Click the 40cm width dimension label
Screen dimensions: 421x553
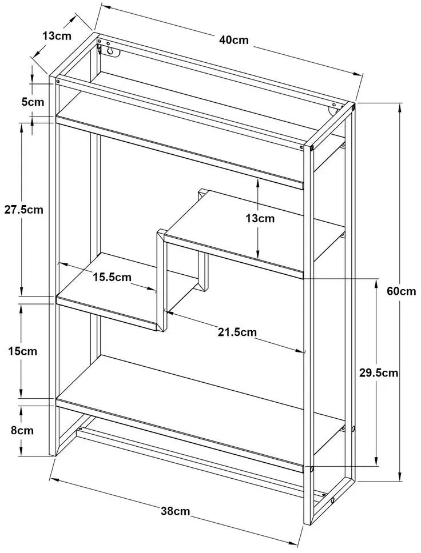(x=234, y=40)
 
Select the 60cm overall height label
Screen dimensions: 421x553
(x=401, y=291)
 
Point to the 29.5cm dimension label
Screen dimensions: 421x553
(x=379, y=373)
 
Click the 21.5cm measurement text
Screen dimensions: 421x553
(x=237, y=332)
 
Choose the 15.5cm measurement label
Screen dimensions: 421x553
(x=112, y=277)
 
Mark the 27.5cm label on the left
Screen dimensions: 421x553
(x=23, y=210)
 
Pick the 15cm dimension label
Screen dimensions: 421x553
(x=23, y=351)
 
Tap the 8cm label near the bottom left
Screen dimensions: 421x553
(x=22, y=430)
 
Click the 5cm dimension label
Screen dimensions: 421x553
(x=33, y=102)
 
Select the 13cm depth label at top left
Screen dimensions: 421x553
(x=57, y=35)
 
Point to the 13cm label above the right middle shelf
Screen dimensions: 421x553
(x=260, y=218)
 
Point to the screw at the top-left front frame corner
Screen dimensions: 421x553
(x=58, y=81)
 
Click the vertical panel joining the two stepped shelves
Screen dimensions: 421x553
(x=161, y=280)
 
